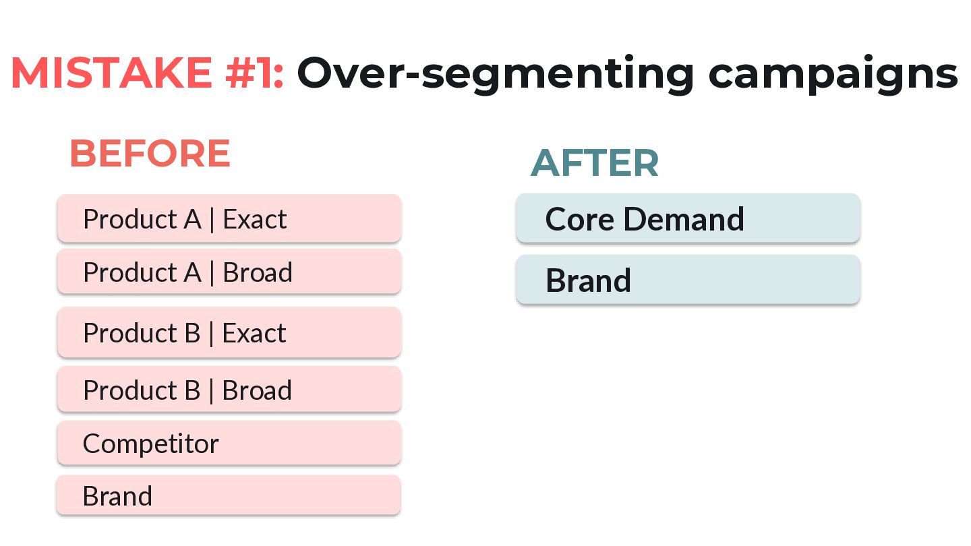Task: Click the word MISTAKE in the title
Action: tap(111, 73)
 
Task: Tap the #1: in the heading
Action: tap(254, 73)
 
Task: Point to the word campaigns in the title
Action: tap(833, 75)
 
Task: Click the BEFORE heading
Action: tap(150, 153)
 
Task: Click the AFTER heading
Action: tap(595, 163)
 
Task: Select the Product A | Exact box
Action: tap(229, 218)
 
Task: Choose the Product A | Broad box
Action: tap(229, 272)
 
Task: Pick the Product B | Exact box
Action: tap(229, 332)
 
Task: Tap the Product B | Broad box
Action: tap(229, 389)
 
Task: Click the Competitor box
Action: tap(229, 443)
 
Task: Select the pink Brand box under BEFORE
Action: tap(229, 495)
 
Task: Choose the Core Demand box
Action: tap(688, 218)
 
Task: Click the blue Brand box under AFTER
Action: tap(688, 280)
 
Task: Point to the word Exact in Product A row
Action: tap(254, 219)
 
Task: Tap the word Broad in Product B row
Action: tap(257, 390)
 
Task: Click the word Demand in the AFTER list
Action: tap(684, 219)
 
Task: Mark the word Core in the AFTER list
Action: tap(580, 219)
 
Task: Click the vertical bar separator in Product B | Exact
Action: tap(211, 334)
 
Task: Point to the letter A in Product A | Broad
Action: tap(192, 272)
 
